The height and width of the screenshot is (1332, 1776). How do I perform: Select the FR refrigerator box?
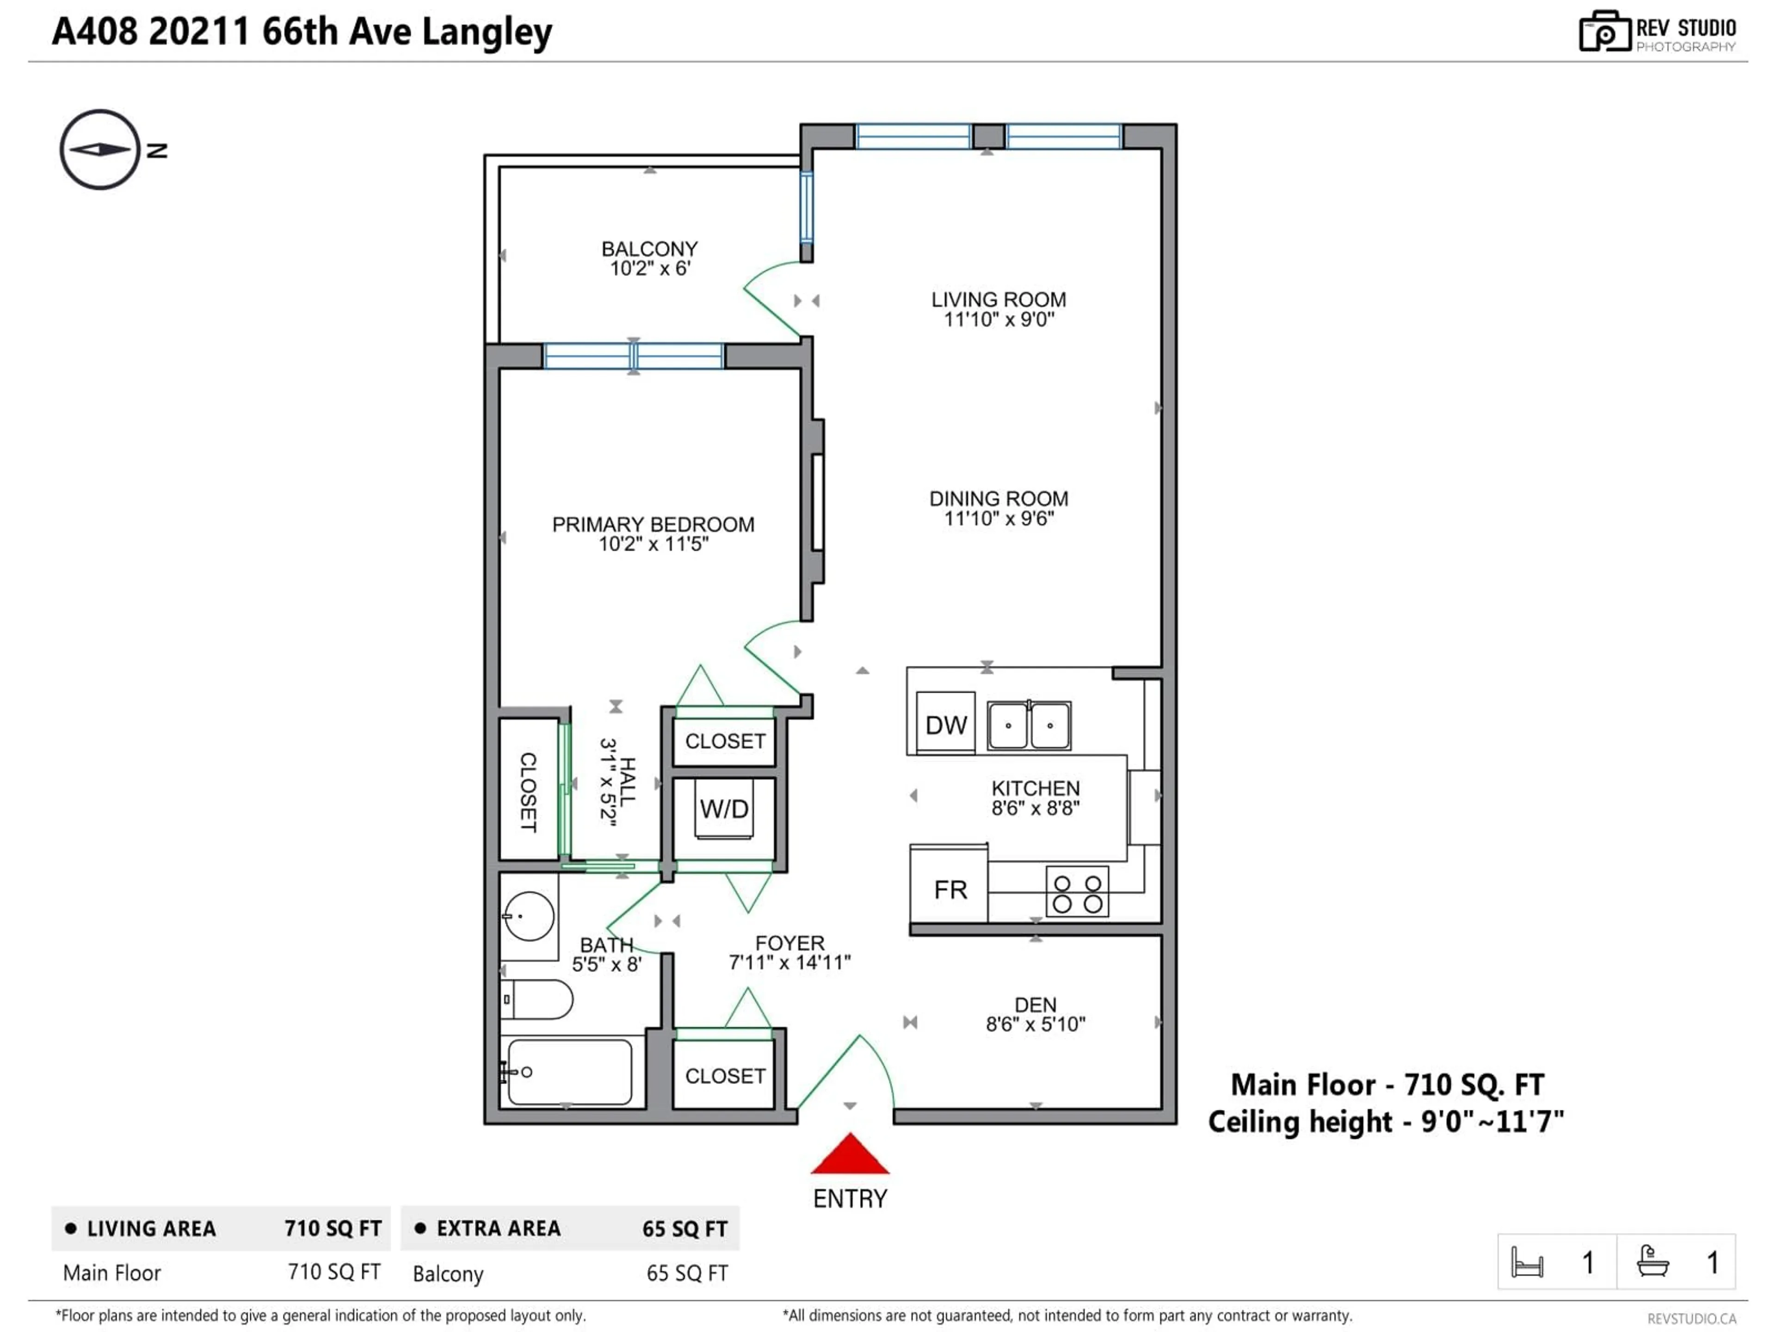pos(949,889)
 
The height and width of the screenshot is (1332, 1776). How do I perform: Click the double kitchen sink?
pos(1029,725)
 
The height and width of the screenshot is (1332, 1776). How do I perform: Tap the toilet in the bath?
pos(536,999)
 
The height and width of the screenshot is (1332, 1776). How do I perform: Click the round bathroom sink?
pos(529,916)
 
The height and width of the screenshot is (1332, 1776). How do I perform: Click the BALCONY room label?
pos(649,249)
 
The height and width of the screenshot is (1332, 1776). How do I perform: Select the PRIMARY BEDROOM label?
pos(653,524)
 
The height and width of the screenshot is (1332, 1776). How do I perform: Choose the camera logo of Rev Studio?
pos(1604,32)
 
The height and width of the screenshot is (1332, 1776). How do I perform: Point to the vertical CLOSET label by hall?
pos(528,792)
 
